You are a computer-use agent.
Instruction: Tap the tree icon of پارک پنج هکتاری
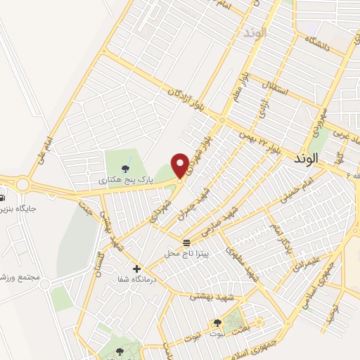click(x=125, y=168)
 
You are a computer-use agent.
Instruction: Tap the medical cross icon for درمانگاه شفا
click(x=136, y=268)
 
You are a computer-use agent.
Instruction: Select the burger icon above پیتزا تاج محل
click(x=186, y=243)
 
